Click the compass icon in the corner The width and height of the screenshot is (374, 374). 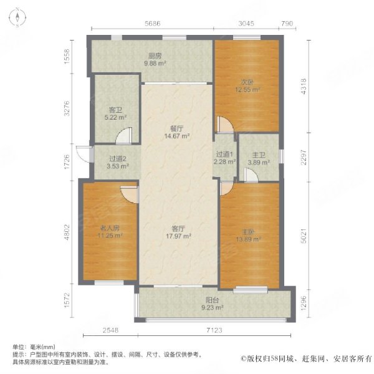click(17, 17)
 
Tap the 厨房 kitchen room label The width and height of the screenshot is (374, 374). click(155, 56)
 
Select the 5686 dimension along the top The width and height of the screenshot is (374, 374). click(153, 24)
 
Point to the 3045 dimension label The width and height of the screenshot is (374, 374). click(246, 24)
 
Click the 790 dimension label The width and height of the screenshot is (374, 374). click(287, 24)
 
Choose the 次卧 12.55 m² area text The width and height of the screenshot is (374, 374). click(247, 90)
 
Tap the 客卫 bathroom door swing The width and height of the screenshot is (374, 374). click(123, 136)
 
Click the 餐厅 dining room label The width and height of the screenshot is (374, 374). click(177, 129)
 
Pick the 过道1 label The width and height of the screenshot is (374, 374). click(224, 155)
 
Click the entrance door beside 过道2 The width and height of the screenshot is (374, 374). click(84, 155)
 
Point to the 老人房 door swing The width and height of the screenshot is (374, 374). click(129, 194)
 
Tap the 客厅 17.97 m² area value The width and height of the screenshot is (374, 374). click(178, 236)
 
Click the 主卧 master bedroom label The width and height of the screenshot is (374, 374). click(248, 232)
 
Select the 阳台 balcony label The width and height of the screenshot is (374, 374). click(213, 300)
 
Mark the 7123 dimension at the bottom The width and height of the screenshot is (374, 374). click(214, 330)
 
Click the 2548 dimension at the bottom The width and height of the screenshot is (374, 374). click(110, 330)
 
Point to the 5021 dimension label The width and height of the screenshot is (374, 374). click(304, 236)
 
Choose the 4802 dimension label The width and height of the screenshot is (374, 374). click(67, 232)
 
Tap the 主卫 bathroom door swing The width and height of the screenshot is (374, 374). click(251, 175)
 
